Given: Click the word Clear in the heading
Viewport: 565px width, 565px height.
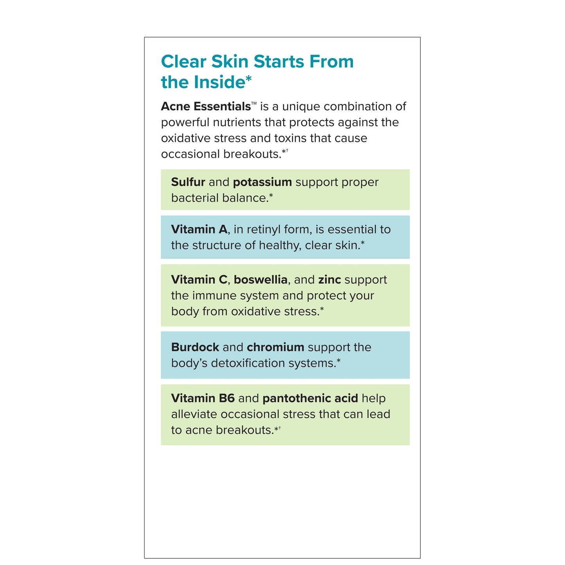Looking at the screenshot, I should click(183, 62).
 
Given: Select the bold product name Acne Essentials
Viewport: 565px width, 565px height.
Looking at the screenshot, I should click(206, 106).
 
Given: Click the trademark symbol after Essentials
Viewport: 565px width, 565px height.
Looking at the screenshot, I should click(254, 104).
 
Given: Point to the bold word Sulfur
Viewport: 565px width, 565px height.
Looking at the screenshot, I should click(188, 182).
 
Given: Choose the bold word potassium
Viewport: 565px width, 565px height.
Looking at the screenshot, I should click(262, 182).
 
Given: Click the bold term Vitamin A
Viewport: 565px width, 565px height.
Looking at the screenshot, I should click(199, 230).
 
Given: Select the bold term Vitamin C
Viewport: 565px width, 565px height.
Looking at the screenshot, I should click(199, 280).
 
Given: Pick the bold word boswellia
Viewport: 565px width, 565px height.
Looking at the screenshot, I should click(260, 280).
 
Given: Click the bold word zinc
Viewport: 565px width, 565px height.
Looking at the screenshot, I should click(330, 280).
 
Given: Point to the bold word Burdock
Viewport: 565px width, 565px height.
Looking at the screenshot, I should click(195, 347).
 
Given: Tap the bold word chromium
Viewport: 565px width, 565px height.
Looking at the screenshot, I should click(275, 347).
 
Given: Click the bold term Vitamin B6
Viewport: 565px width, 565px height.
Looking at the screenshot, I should click(203, 398).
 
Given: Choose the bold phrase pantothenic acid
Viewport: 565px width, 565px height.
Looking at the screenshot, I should click(310, 398).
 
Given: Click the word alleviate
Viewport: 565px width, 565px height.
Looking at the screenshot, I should click(194, 414).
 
